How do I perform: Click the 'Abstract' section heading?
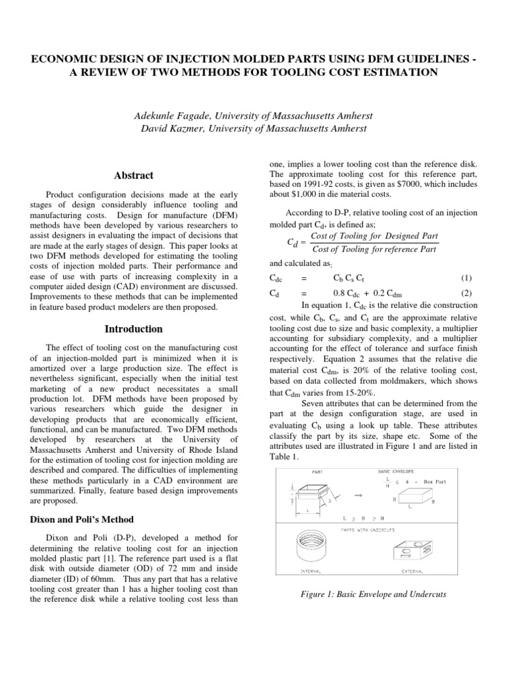[x=134, y=176]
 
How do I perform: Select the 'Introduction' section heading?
[x=134, y=328]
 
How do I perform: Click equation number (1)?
[x=466, y=279]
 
